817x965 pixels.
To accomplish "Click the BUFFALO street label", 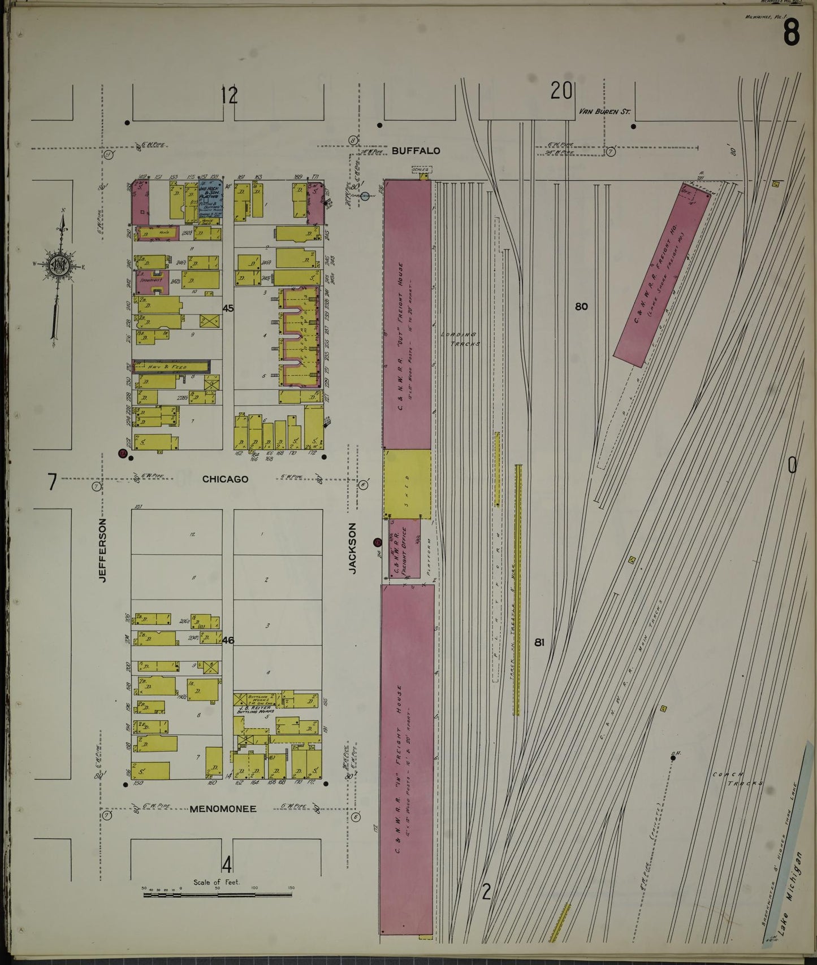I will pos(416,151).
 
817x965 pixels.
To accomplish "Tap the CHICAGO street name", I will pos(225,479).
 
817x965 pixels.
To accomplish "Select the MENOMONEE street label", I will pos(223,809).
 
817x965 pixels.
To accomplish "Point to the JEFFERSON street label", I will pos(102,550).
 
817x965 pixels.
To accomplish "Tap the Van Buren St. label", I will pos(604,112).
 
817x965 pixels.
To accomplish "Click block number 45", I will pos(228,308).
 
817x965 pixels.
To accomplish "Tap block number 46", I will pos(228,640).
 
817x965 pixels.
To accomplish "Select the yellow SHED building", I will pos(407,484).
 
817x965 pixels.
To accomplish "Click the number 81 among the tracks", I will pos(539,642).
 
